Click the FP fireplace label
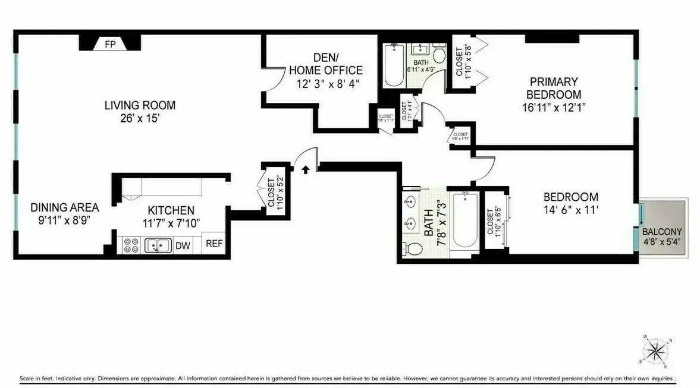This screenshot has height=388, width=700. [x=110, y=44]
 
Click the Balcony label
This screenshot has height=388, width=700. [x=661, y=236]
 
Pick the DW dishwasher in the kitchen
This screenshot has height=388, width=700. [x=183, y=245]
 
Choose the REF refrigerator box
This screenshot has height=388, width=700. [x=214, y=244]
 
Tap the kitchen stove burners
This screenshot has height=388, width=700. [x=131, y=245]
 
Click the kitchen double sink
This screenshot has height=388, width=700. [x=158, y=245]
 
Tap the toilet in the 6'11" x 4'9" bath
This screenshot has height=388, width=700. [x=440, y=56]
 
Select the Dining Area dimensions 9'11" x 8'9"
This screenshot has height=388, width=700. [x=65, y=219]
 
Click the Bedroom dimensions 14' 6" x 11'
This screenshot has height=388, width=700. [x=570, y=209]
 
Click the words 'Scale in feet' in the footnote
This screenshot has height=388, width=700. [x=36, y=378]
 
